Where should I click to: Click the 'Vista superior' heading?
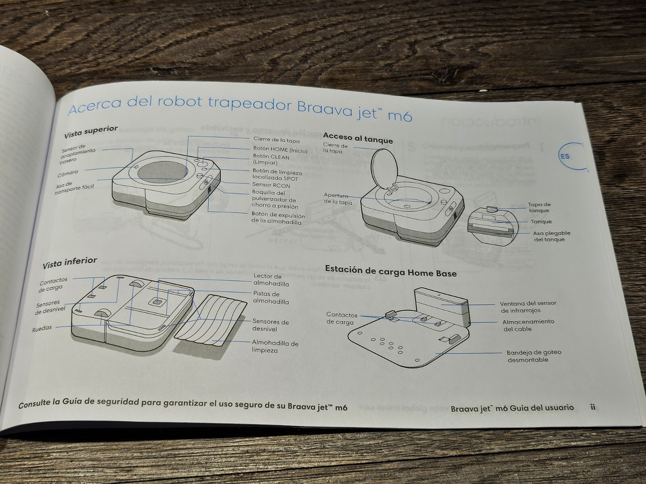(x=90, y=132)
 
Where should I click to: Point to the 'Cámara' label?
(x=68, y=173)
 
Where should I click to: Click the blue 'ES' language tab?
(x=565, y=156)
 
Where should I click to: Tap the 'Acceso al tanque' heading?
(x=357, y=138)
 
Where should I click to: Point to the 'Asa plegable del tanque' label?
(x=551, y=237)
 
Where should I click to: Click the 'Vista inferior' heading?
(x=69, y=264)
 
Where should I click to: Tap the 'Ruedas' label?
(x=42, y=328)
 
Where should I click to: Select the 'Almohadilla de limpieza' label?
(x=275, y=347)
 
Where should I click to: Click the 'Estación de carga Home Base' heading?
(x=390, y=271)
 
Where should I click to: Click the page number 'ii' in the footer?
(x=592, y=407)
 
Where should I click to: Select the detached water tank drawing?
(x=491, y=224)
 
